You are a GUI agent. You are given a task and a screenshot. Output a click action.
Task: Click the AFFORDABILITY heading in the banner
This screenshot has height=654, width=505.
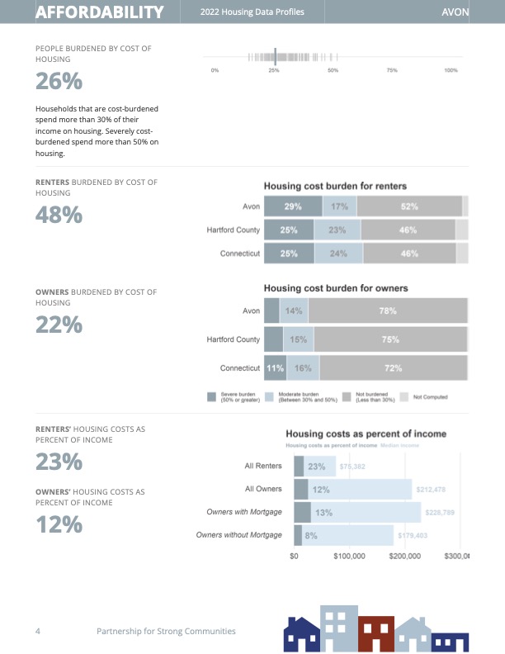point(99,12)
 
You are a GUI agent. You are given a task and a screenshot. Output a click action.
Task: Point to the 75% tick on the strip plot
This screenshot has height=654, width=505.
point(392,71)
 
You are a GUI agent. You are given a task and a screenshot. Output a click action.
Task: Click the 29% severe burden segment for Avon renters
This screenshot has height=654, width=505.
point(292,206)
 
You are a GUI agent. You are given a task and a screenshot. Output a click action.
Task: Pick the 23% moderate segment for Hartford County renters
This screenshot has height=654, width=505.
point(337,230)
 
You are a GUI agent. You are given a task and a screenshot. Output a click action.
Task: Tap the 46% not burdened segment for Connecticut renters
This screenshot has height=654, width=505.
point(408,254)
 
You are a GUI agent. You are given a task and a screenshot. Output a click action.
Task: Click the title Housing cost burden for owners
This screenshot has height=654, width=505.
point(336,288)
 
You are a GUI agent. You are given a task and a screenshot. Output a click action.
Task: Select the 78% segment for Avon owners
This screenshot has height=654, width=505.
point(388,310)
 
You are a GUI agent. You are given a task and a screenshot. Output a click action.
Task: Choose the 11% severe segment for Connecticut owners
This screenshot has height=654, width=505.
point(275,367)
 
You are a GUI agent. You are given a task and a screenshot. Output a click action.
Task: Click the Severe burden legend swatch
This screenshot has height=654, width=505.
point(212,397)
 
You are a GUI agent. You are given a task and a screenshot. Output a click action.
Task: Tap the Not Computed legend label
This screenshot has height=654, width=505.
point(430,397)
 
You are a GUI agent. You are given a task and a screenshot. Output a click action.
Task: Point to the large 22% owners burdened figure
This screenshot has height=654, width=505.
point(59,325)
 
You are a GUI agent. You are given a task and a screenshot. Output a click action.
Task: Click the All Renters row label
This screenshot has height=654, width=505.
point(263,467)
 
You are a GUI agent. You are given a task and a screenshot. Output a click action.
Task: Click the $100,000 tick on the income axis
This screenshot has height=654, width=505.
point(349,557)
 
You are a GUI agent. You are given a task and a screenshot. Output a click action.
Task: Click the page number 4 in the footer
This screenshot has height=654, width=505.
point(38,631)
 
